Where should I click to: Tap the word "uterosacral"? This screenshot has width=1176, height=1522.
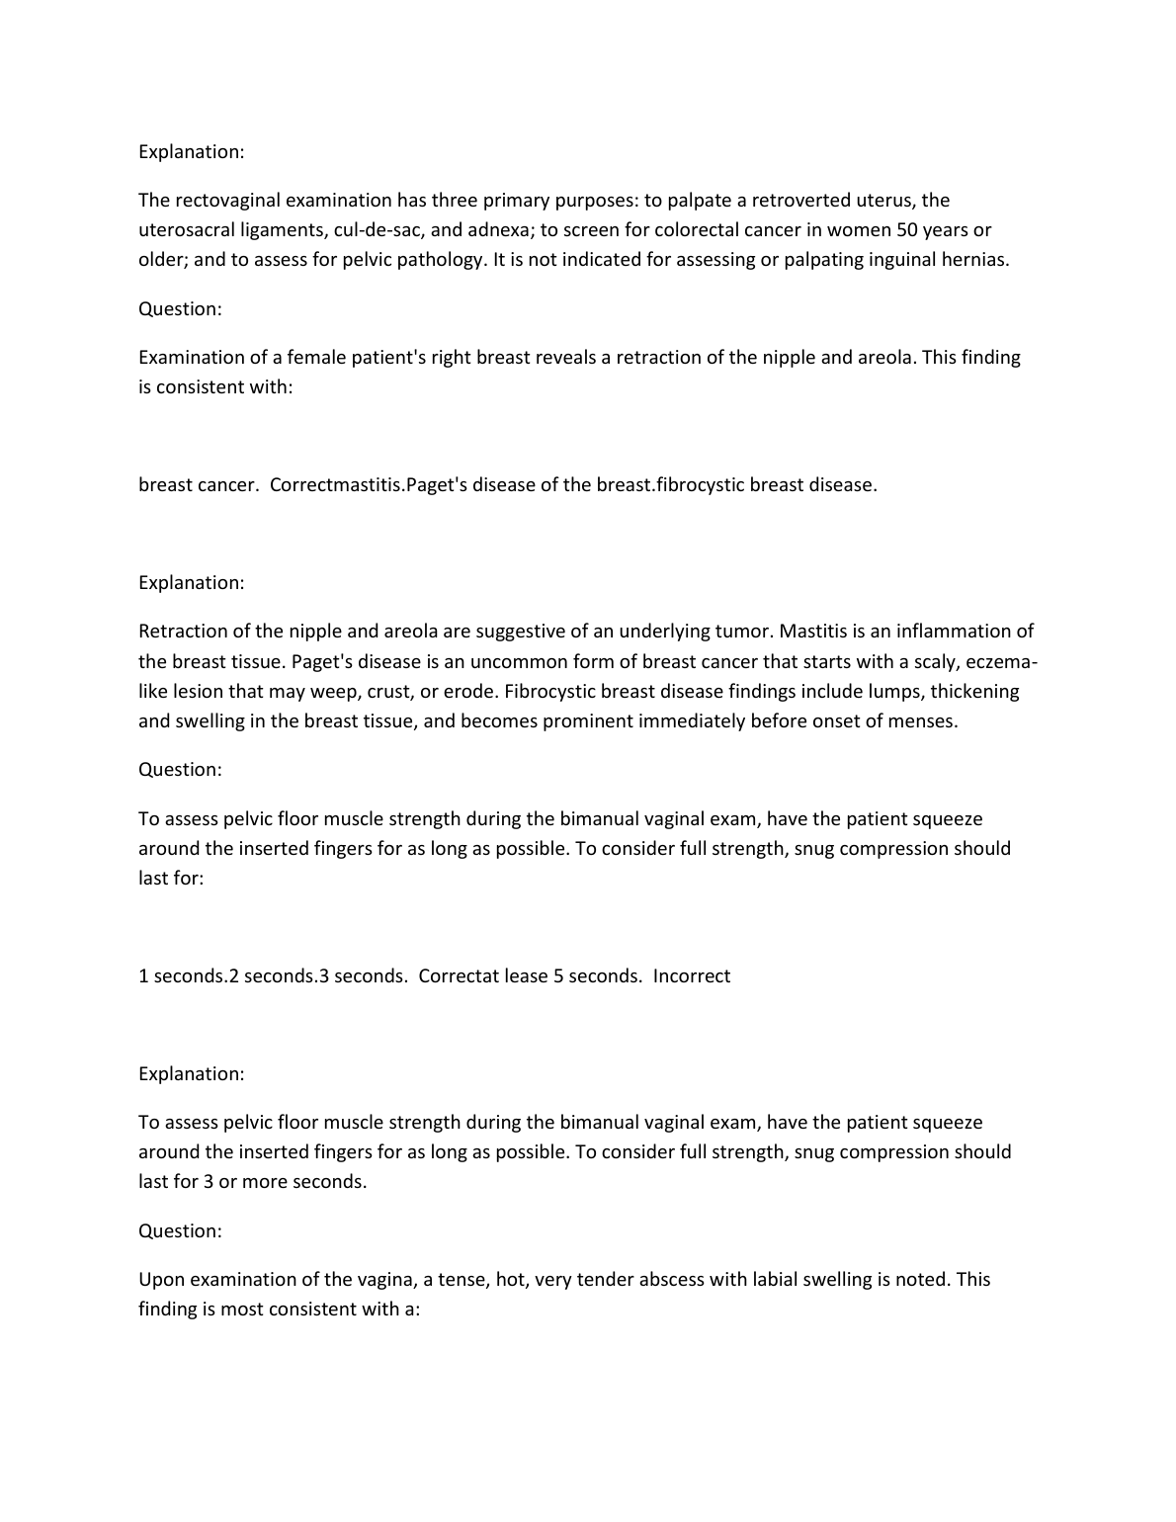click(x=185, y=230)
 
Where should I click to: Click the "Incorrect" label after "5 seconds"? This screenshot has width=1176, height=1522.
click(x=692, y=976)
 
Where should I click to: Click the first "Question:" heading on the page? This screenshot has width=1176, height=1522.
click(x=180, y=309)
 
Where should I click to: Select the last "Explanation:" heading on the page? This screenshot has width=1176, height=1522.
click(x=191, y=1074)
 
